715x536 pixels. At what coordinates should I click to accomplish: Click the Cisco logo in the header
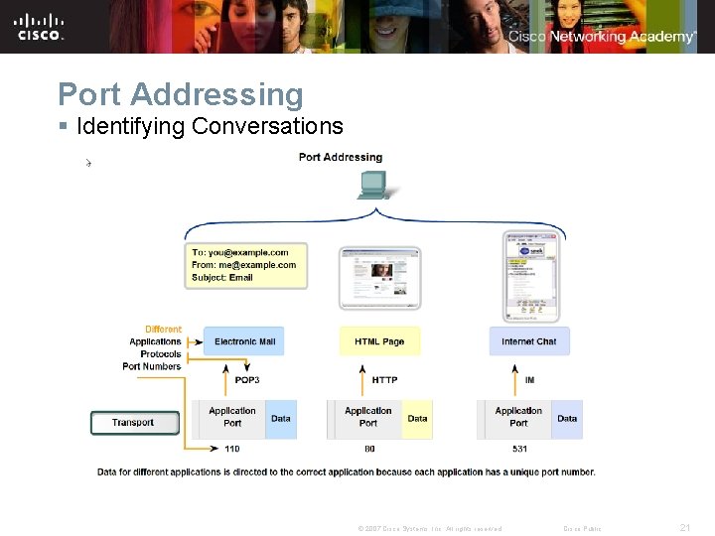[x=40, y=26]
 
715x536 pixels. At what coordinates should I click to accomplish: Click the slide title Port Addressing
[x=180, y=94]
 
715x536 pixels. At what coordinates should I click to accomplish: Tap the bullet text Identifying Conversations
[x=209, y=126]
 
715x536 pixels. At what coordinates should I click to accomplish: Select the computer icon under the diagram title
[x=373, y=185]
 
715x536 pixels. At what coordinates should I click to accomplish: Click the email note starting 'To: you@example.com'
[x=245, y=265]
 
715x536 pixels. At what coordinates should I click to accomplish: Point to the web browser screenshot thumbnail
[x=380, y=278]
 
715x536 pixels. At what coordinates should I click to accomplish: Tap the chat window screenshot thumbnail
[x=531, y=276]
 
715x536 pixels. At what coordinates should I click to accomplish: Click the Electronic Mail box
[x=244, y=341]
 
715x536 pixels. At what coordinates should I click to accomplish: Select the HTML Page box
[x=379, y=341]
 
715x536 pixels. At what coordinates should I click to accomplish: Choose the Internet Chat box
[x=528, y=341]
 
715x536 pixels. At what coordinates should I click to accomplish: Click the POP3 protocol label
[x=247, y=380]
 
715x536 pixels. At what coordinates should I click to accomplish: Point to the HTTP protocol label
[x=384, y=380]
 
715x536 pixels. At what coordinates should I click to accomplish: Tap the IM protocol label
[x=529, y=380]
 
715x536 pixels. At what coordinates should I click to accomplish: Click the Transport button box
[x=135, y=423]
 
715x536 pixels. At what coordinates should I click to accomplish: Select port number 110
[x=231, y=449]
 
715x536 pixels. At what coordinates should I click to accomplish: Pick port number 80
[x=369, y=449]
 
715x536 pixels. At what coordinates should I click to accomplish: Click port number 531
[x=520, y=449]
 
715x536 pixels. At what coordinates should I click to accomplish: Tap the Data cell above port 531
[x=567, y=419]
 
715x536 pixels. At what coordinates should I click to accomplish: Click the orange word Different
[x=163, y=330]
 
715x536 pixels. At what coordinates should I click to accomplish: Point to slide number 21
[x=684, y=528]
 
